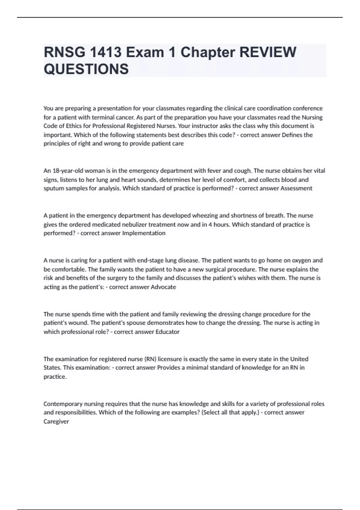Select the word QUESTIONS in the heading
(x=86, y=69)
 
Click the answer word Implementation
(x=144, y=233)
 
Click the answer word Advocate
(x=163, y=287)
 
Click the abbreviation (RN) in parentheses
(x=150, y=359)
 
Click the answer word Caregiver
(x=56, y=421)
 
